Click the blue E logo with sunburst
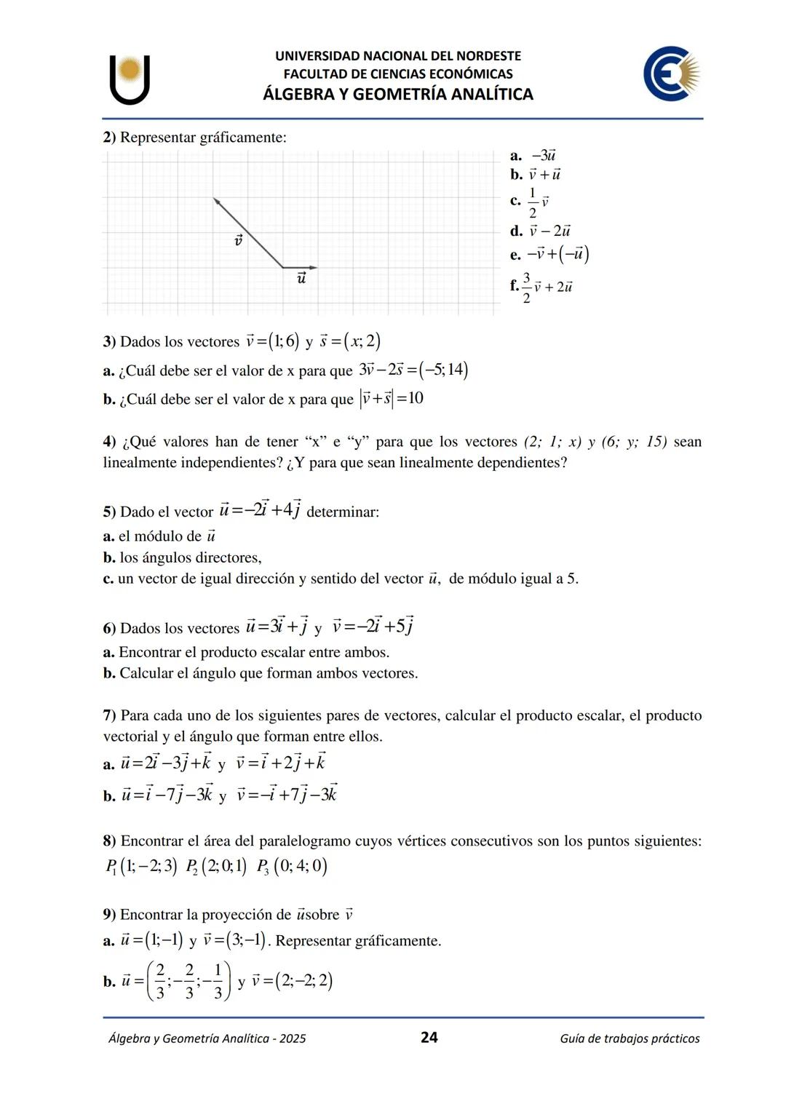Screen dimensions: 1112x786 tap(670, 74)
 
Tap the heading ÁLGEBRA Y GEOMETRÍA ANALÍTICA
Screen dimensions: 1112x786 tap(397, 95)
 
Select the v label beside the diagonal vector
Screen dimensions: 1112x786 tap(237, 239)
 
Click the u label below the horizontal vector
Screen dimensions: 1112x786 tap(301, 278)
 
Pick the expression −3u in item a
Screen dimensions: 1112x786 tap(544, 156)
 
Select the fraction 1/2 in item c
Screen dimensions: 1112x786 tap(532, 202)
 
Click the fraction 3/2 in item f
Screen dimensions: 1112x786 tap(527, 287)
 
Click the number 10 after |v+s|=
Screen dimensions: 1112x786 tap(416, 399)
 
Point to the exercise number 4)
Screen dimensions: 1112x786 tap(109, 442)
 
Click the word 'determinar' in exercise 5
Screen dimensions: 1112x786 tap(343, 512)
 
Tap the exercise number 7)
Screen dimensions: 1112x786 tap(109, 715)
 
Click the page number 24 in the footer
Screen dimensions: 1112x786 tap(429, 1038)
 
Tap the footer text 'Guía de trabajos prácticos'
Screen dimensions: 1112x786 tap(630, 1038)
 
